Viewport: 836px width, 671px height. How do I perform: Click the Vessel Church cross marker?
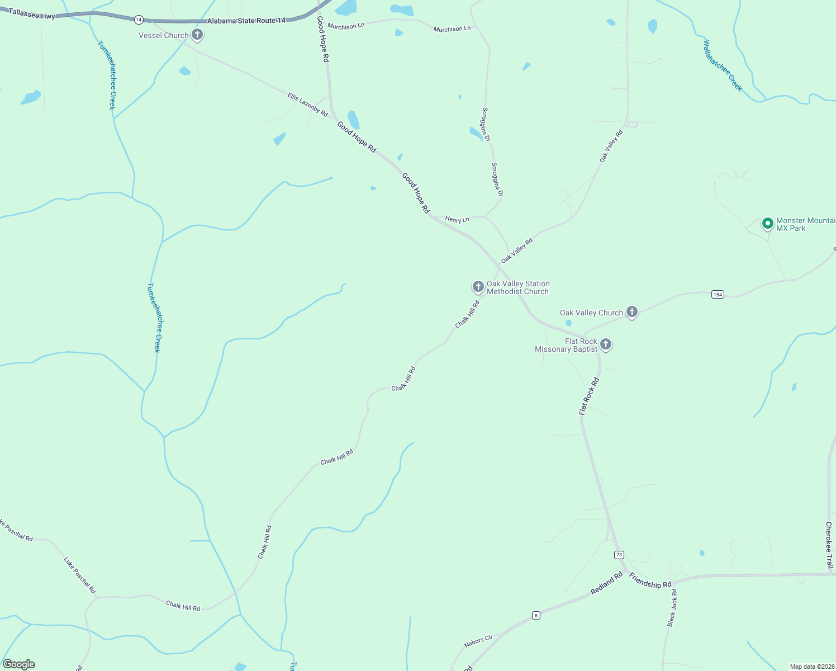pos(197,35)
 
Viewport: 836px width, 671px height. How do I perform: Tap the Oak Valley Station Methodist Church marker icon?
pos(478,287)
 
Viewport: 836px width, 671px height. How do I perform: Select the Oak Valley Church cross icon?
pos(632,312)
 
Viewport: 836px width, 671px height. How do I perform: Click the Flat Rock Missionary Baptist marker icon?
pos(606,344)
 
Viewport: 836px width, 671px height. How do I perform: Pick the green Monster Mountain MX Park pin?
pos(768,224)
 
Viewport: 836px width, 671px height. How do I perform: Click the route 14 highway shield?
pos(139,20)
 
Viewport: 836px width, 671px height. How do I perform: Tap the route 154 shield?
pos(718,294)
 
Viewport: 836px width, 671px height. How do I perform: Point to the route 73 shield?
pos(619,555)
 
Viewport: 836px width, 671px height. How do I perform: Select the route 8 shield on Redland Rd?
pos(536,616)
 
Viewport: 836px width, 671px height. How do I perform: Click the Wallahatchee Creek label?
pos(723,65)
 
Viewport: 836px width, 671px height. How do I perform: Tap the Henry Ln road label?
pos(457,219)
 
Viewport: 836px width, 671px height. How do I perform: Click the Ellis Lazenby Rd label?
pos(308,105)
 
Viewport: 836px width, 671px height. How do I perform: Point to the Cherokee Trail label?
pos(829,545)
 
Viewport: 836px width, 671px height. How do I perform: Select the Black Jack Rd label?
pos(672,607)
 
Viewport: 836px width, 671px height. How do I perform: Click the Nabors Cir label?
pos(478,641)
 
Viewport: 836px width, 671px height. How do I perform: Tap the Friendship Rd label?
pos(650,581)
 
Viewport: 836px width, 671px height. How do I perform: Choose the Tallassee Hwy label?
pos(32,15)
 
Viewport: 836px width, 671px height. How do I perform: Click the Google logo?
pos(19,664)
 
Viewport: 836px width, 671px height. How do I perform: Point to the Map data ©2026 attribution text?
pos(811,667)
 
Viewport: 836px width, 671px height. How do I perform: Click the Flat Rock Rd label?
pos(589,396)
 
